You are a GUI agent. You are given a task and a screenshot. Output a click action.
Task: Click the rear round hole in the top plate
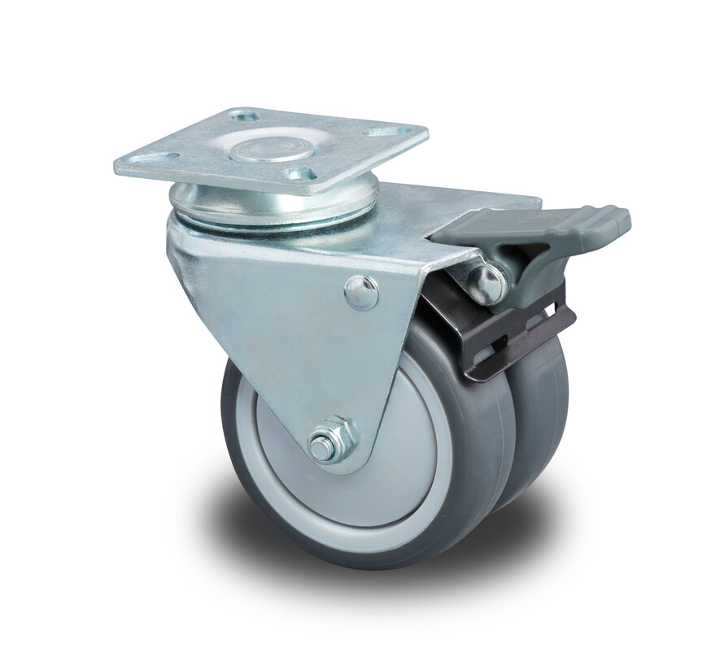(244, 117)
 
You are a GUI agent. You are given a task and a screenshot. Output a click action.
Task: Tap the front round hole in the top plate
(302, 172)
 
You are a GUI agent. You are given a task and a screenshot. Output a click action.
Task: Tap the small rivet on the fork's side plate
(361, 292)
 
